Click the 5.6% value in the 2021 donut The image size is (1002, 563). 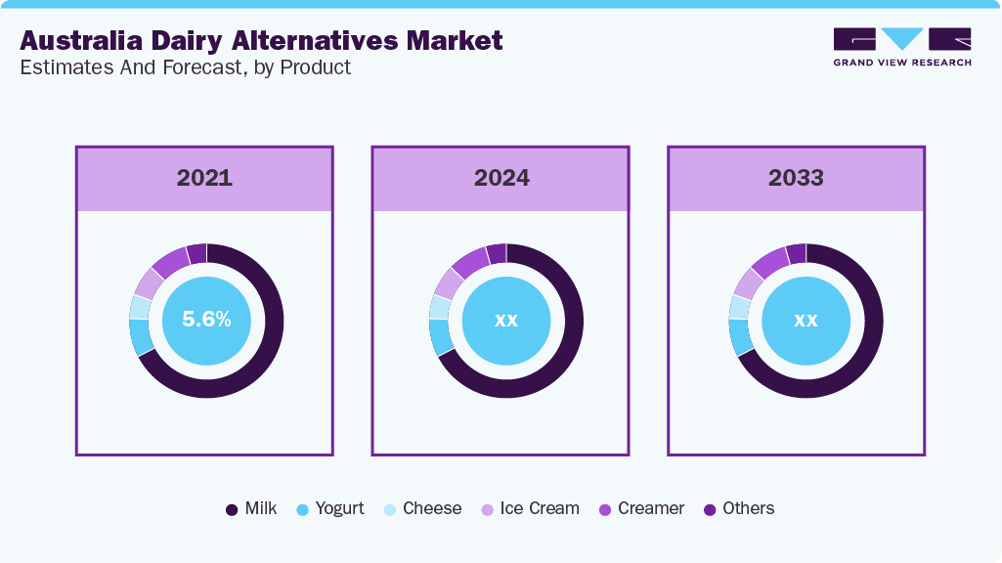pyautogui.click(x=206, y=320)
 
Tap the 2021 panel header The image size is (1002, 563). pyautogui.click(x=204, y=178)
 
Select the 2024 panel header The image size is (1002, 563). pyautogui.click(x=501, y=178)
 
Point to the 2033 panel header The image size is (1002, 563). pyautogui.click(x=796, y=178)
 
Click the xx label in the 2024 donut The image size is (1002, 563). pyautogui.click(x=505, y=321)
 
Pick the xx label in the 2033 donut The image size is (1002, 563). pyautogui.click(x=806, y=321)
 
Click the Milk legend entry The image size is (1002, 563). pyautogui.click(x=251, y=508)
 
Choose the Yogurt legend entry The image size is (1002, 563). pyautogui.click(x=329, y=508)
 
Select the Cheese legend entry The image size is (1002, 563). pyautogui.click(x=421, y=508)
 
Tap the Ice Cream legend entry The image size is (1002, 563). pyautogui.click(x=529, y=508)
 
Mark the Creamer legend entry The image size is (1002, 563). pyautogui.click(x=641, y=508)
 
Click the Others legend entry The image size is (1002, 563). pyautogui.click(x=738, y=508)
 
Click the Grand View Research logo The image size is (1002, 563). pyautogui.click(x=901, y=46)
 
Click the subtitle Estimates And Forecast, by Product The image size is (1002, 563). pyautogui.click(x=185, y=67)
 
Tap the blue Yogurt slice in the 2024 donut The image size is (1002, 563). pyautogui.click(x=440, y=337)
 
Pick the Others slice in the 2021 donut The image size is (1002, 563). pyautogui.click(x=196, y=253)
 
